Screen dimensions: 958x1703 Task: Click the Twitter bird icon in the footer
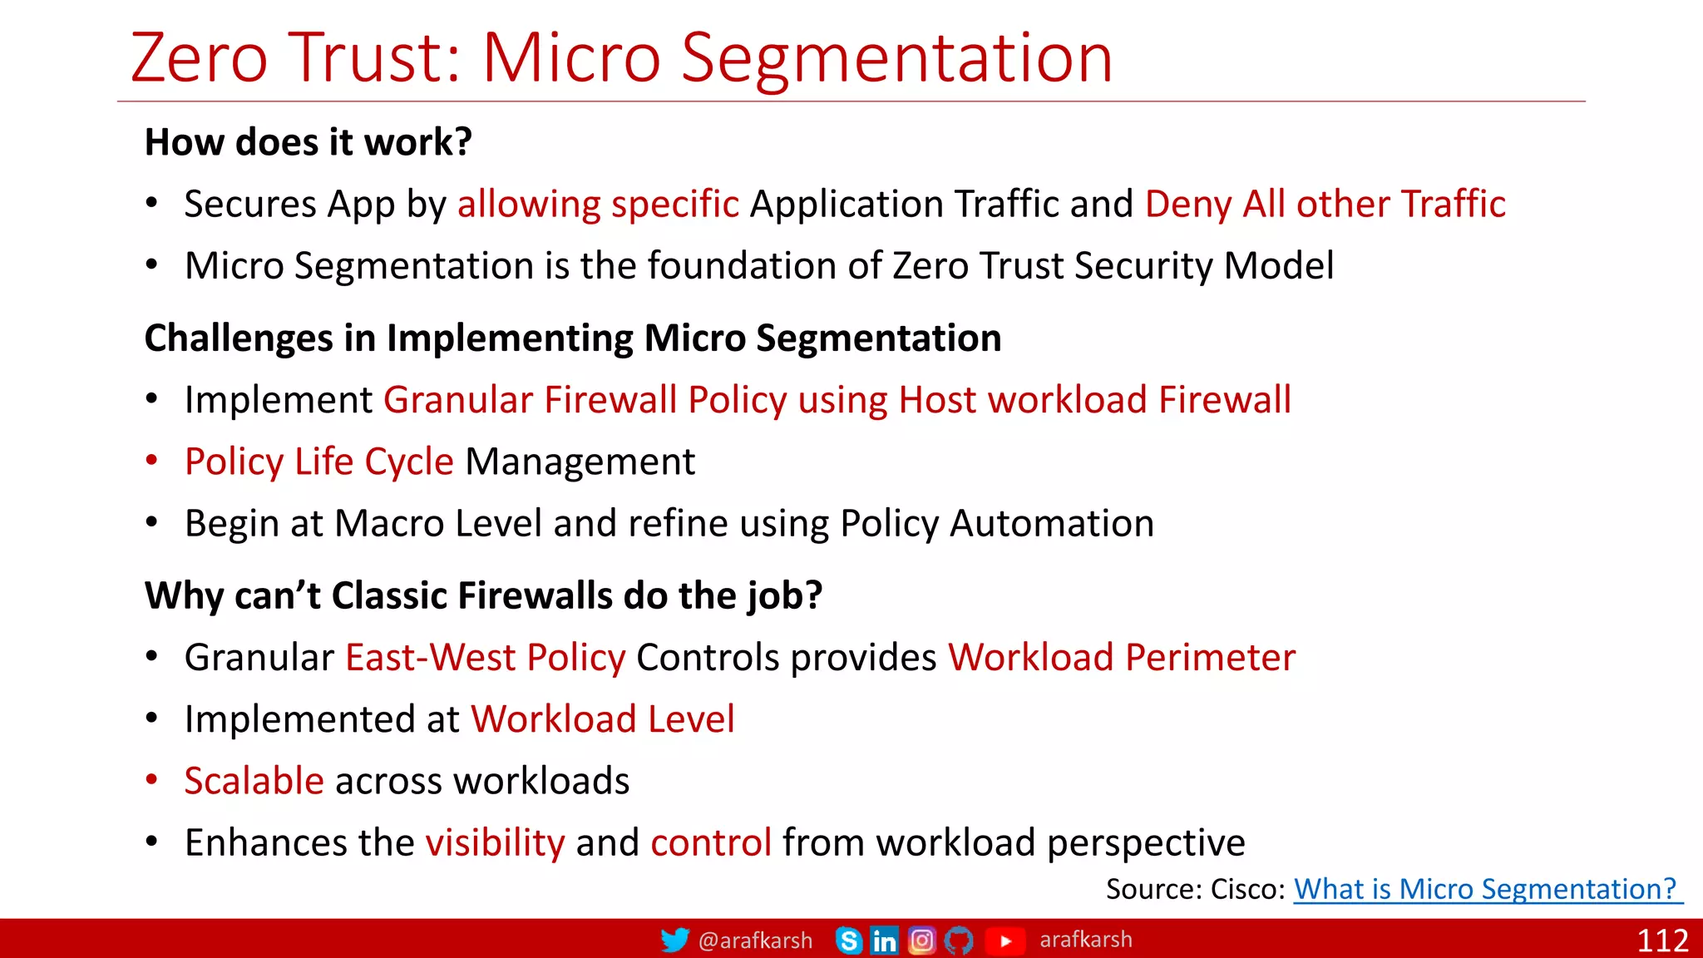pos(674,941)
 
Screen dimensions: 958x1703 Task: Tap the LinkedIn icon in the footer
pos(884,941)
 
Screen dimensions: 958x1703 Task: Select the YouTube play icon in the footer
pos(1005,941)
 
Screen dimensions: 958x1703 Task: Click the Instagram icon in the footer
pos(921,941)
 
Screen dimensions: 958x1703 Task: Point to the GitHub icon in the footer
pos(959,941)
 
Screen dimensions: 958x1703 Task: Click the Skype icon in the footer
pos(848,941)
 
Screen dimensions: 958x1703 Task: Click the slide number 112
pos(1662,941)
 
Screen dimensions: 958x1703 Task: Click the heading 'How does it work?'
pos(308,142)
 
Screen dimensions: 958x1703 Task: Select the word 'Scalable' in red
pos(254,781)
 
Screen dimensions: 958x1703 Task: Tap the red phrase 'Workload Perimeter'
pos(1122,658)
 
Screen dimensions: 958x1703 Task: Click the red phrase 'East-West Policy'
pos(485,658)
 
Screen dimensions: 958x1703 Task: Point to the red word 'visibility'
pos(495,842)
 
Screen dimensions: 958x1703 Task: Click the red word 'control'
pos(711,842)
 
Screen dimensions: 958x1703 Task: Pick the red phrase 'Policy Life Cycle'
pos(319,462)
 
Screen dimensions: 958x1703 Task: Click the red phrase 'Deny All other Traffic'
pos(1325,205)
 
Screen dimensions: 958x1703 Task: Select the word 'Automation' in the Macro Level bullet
pos(1051,524)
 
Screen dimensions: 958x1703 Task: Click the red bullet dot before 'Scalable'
pos(151,780)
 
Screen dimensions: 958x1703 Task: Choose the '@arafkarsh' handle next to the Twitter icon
pos(755,941)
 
